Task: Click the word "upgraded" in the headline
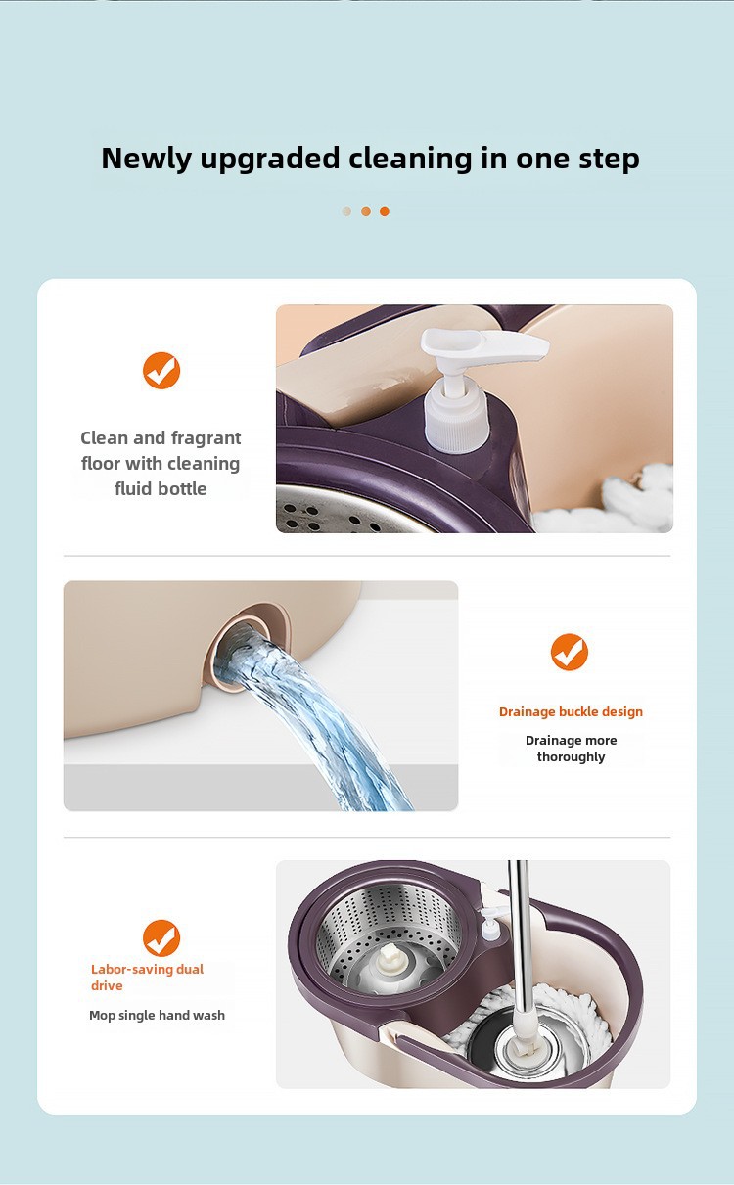(x=270, y=160)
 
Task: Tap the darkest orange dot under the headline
(x=385, y=211)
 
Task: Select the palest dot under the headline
(x=346, y=211)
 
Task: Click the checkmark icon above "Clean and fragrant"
(x=161, y=370)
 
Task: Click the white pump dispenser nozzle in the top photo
(x=484, y=343)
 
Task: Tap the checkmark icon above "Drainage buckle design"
(x=570, y=652)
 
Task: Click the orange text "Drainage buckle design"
(x=571, y=712)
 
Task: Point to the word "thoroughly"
(x=571, y=757)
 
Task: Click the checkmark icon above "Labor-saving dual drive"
(x=161, y=938)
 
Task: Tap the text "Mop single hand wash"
(x=158, y=1015)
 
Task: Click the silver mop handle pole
(x=519, y=932)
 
